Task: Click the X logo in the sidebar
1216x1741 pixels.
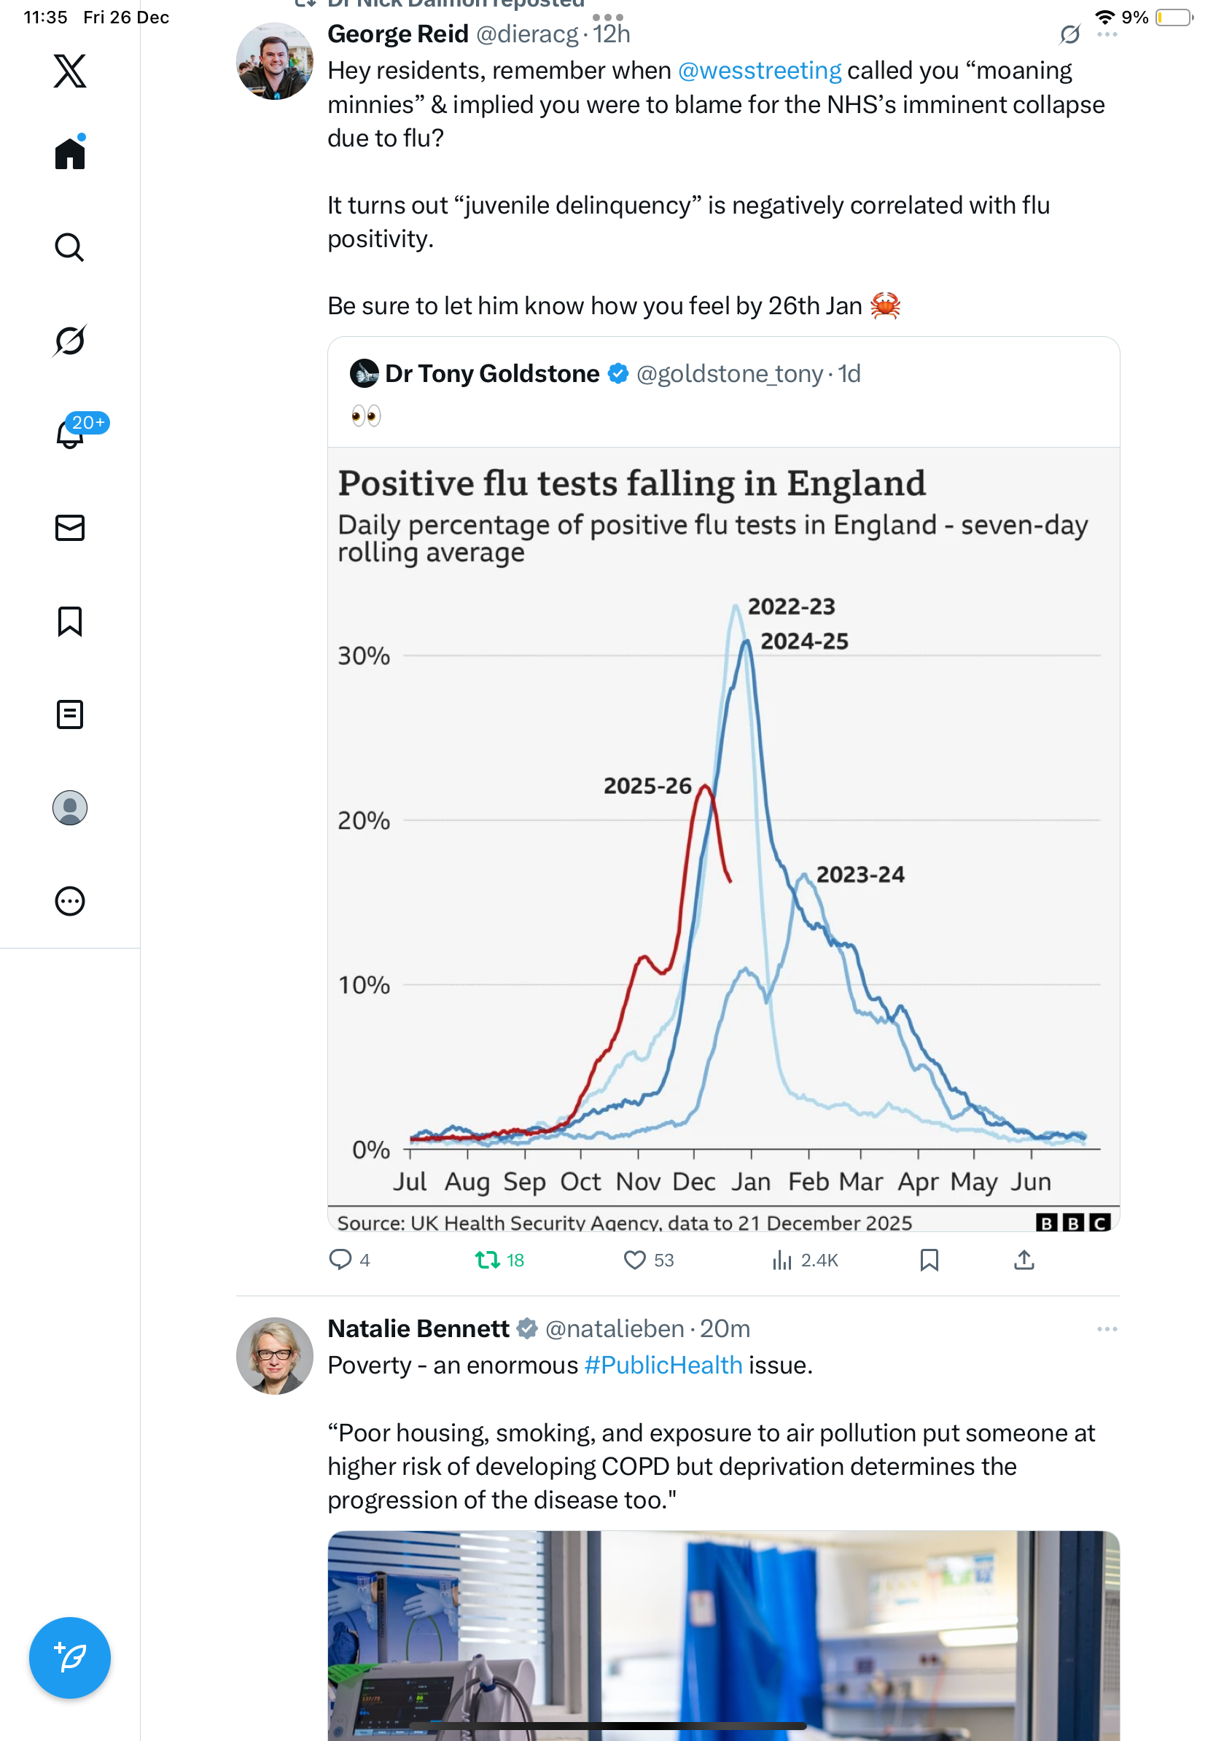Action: tap(70, 71)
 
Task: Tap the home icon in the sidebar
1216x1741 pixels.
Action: tap(70, 153)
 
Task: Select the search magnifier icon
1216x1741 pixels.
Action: tap(70, 247)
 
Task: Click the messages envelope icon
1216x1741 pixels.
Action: tap(70, 528)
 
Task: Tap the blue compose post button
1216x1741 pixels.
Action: tap(70, 1658)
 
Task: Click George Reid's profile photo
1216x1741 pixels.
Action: tap(274, 61)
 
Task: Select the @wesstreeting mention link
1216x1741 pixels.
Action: tap(759, 71)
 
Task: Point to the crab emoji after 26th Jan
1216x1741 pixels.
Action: tap(885, 305)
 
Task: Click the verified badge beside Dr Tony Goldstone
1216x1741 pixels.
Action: tap(619, 373)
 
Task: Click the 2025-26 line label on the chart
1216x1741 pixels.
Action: tap(647, 786)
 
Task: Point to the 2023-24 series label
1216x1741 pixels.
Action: tap(860, 874)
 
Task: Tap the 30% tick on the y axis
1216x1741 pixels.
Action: tap(364, 656)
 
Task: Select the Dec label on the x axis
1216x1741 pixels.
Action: tap(694, 1181)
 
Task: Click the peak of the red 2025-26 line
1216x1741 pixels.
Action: tap(705, 787)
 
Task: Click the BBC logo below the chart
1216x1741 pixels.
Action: tap(1072, 1222)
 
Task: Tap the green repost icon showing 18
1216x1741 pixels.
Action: tap(488, 1261)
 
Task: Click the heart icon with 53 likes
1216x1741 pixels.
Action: tap(634, 1261)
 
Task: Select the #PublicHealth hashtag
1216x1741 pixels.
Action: tap(663, 1365)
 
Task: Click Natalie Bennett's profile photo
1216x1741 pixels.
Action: tap(274, 1356)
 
